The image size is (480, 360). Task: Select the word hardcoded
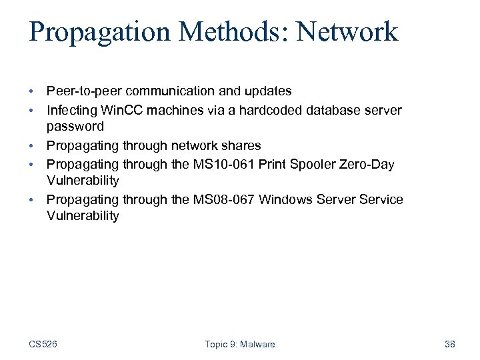tap(244, 109)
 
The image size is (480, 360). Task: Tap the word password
tap(75, 126)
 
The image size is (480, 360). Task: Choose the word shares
tap(240, 145)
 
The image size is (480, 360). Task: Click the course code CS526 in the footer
tap(43, 344)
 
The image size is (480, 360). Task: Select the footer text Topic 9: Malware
tap(239, 344)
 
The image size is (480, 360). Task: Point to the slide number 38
tap(449, 344)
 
